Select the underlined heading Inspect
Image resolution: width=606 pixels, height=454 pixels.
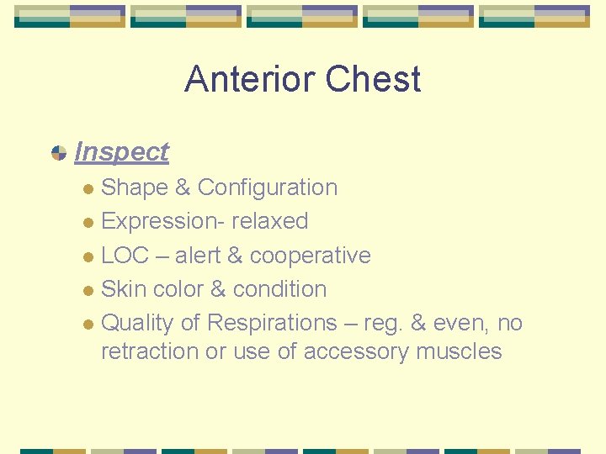coord(121,152)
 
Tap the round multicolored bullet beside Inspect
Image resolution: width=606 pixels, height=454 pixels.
coord(58,153)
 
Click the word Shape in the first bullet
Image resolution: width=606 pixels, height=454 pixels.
coord(135,187)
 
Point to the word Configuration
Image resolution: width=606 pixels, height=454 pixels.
coord(268,187)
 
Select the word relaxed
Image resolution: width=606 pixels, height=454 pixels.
coord(270,222)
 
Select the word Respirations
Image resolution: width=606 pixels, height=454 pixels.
coord(272,323)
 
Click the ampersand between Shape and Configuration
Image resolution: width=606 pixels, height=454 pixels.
coord(183,187)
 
